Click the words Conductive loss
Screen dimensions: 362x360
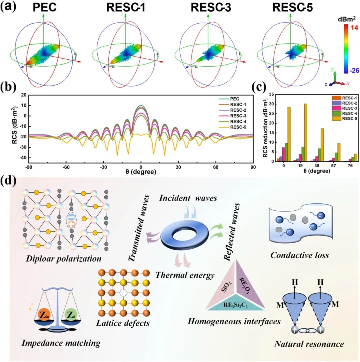point(299,255)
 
